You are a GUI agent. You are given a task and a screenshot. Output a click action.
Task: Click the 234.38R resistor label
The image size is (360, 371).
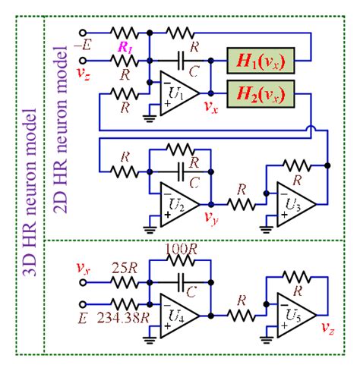[x=122, y=316]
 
